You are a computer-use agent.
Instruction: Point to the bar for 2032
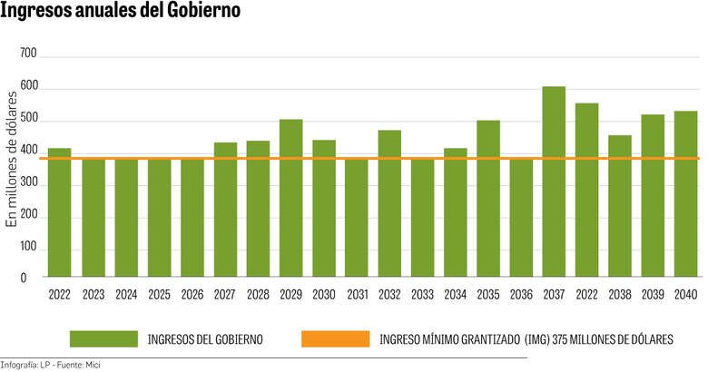click(389, 203)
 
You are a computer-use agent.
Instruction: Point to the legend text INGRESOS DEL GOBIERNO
click(205, 339)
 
